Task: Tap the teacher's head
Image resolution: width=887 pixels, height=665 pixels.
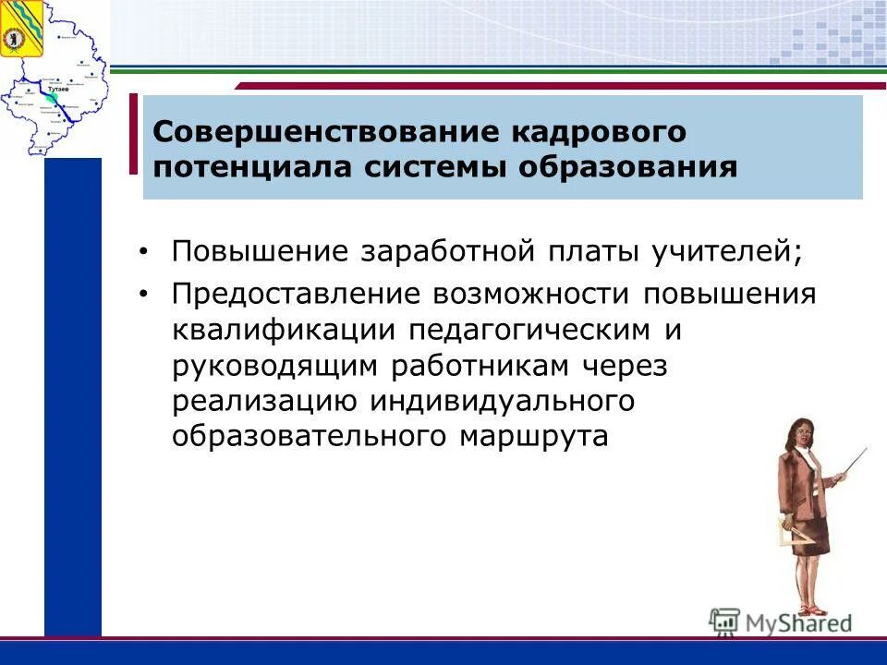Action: click(802, 435)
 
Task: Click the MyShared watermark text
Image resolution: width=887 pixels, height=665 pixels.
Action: click(796, 622)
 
